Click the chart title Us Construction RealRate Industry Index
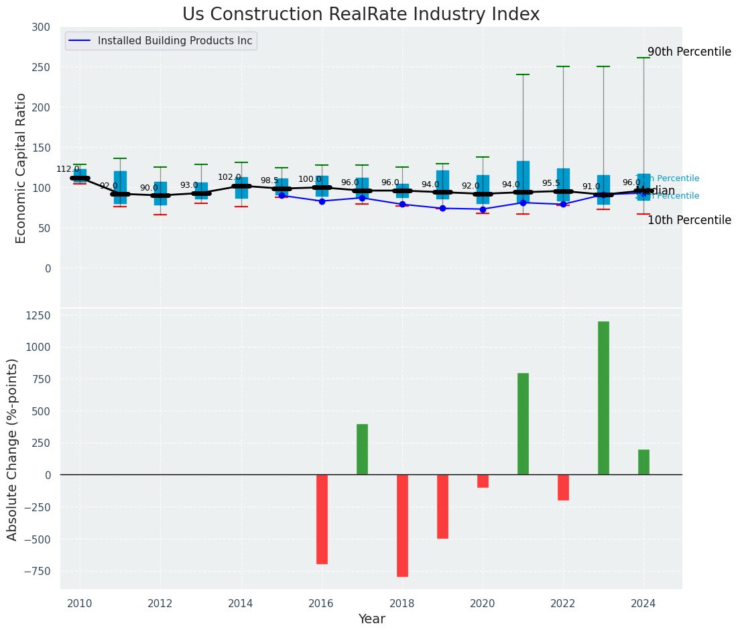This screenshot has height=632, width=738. [x=361, y=15]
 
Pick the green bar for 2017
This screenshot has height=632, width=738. [x=362, y=449]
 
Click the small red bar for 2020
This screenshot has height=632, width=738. [x=483, y=481]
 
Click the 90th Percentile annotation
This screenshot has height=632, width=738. [x=688, y=52]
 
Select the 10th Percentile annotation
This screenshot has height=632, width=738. [x=688, y=220]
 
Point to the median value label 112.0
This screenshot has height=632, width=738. [x=68, y=170]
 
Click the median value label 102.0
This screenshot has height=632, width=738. [x=229, y=178]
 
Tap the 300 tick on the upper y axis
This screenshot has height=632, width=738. [x=41, y=27]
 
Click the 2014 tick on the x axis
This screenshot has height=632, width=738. [x=241, y=603]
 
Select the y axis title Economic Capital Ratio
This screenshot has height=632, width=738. [x=21, y=168]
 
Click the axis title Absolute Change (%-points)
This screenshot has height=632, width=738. [x=13, y=449]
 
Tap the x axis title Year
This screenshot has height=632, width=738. [x=371, y=619]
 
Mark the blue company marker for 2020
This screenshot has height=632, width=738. [x=483, y=209]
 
